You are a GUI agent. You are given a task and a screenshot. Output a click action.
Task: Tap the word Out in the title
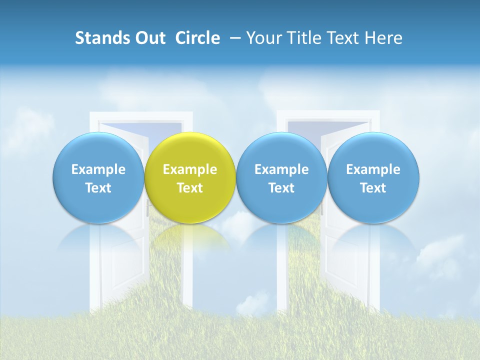pos(149,38)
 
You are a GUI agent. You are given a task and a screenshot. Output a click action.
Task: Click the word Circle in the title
pos(197,38)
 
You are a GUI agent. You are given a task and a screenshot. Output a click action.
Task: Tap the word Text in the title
pos(344,38)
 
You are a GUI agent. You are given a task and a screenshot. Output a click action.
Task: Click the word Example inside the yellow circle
pos(190,169)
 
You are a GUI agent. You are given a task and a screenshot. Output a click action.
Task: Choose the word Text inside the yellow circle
pos(190,188)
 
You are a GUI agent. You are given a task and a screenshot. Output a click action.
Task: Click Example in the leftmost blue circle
pos(98,169)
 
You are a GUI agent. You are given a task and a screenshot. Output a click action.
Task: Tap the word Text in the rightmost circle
pos(373,188)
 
